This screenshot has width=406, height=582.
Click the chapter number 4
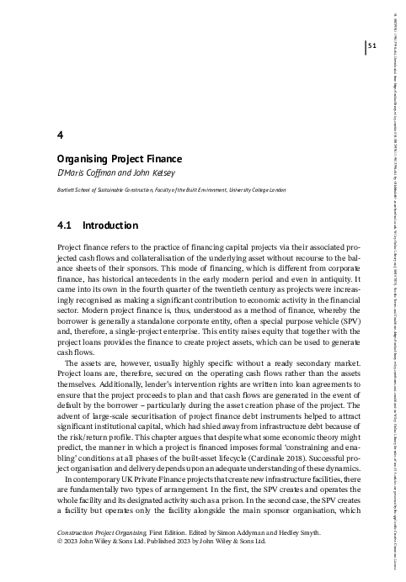point(57,134)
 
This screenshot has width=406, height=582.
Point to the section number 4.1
point(65,225)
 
